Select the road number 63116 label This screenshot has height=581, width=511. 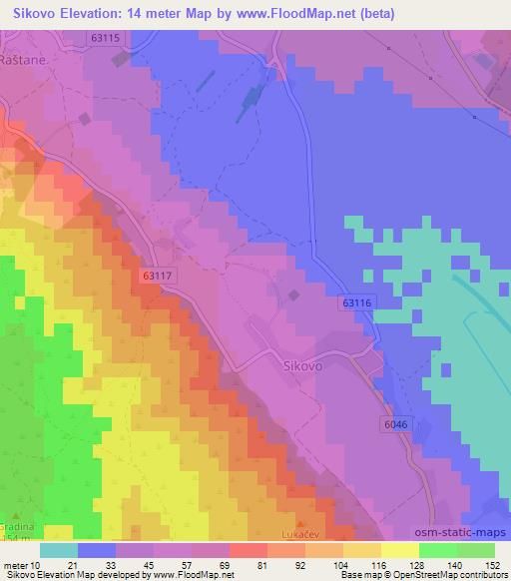356,301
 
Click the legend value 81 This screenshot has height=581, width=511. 261,566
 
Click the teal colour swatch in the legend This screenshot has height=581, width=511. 59,550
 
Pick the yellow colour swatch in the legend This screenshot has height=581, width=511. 400,550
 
